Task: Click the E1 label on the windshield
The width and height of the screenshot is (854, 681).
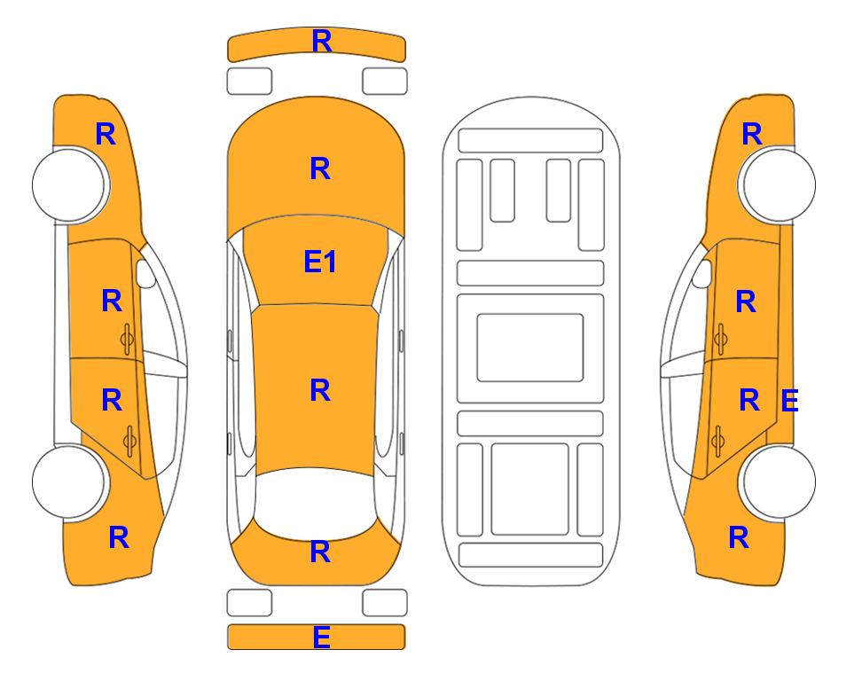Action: (x=320, y=262)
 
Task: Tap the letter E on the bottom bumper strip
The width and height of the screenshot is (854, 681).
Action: (x=321, y=637)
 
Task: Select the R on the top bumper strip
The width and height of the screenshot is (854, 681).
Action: (x=321, y=41)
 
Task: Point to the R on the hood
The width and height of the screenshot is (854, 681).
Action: (x=320, y=168)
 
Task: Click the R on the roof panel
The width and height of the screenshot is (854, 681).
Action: (x=320, y=390)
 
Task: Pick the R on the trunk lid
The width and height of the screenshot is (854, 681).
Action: (x=320, y=552)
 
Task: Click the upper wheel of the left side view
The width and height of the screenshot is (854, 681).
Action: (x=69, y=184)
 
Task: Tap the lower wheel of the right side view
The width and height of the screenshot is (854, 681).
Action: (x=779, y=481)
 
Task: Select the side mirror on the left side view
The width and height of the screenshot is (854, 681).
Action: (x=145, y=273)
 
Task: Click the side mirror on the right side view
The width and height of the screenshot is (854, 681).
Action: (x=701, y=273)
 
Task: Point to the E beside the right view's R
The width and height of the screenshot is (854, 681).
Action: (x=789, y=401)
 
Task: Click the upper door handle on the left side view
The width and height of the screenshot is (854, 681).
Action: (x=128, y=339)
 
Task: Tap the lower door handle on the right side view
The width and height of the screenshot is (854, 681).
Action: (x=717, y=441)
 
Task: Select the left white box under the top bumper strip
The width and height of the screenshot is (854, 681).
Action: (x=249, y=82)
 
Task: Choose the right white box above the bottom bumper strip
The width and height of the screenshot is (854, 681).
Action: (x=385, y=603)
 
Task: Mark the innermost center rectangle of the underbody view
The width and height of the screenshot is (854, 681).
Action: (x=530, y=348)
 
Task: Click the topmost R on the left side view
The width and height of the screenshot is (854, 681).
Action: (x=106, y=134)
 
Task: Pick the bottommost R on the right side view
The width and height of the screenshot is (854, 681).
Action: (x=739, y=537)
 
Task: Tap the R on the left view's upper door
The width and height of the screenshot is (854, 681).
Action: (x=112, y=301)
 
